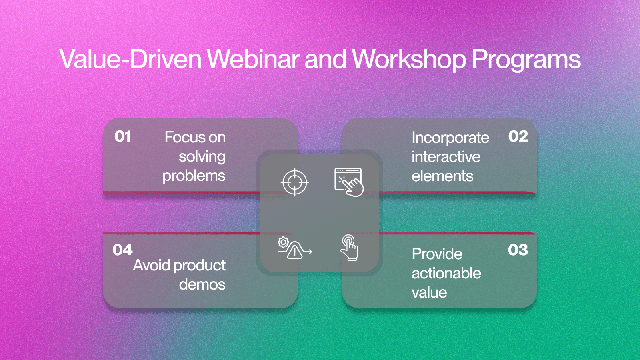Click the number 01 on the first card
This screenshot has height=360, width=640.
(x=122, y=136)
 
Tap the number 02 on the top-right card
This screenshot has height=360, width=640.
(x=518, y=136)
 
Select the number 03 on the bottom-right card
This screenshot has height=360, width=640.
(x=518, y=250)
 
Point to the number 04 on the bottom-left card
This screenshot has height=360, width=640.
(x=122, y=250)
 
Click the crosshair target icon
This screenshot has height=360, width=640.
(x=294, y=182)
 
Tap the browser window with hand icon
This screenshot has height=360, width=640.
(x=349, y=182)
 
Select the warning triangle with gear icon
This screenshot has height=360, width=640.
(x=294, y=248)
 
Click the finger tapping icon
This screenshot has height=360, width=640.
(x=349, y=248)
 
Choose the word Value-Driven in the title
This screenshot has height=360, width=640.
(x=130, y=59)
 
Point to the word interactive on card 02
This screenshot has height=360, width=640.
(x=446, y=157)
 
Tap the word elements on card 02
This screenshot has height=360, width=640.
(x=442, y=176)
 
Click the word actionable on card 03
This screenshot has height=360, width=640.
(x=446, y=274)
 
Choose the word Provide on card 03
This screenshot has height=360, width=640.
(x=437, y=254)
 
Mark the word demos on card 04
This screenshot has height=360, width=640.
(x=202, y=284)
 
